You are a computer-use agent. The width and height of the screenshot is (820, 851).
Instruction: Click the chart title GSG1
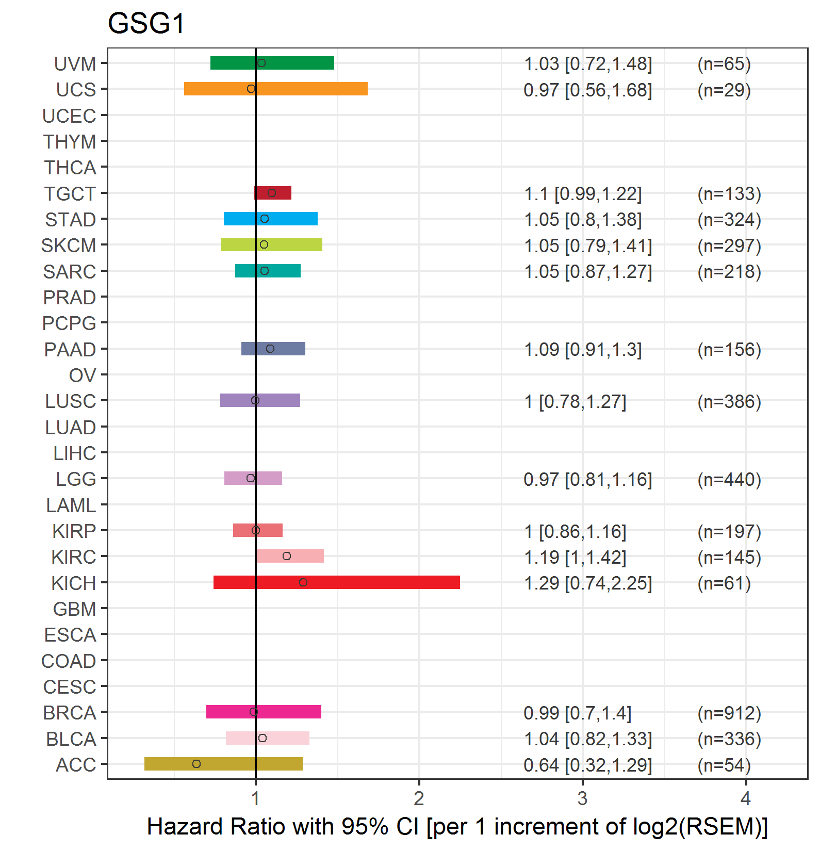(146, 24)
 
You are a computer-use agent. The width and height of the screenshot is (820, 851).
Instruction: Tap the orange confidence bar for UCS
(309, 89)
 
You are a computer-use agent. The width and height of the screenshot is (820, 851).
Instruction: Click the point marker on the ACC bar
(196, 764)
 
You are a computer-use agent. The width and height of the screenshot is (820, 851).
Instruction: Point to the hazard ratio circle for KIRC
(287, 556)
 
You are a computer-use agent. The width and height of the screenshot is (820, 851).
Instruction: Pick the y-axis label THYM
(70, 142)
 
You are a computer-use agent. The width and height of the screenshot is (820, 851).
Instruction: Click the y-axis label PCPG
(69, 323)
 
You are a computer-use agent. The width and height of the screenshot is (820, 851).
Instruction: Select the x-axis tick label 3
(582, 799)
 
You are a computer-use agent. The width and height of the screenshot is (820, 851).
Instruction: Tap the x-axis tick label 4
(746, 799)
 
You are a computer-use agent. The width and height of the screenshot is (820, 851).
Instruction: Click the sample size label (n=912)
(729, 713)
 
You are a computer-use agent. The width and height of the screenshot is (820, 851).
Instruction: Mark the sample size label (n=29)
(724, 90)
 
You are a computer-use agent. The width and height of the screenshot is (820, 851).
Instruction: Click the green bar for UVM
(299, 63)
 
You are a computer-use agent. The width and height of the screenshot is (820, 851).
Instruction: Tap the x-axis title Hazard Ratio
(457, 827)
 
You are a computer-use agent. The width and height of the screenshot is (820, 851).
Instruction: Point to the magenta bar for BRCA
(289, 712)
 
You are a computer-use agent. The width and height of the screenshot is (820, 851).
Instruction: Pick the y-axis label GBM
(75, 609)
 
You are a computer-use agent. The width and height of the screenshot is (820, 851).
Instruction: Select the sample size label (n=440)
(729, 480)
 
